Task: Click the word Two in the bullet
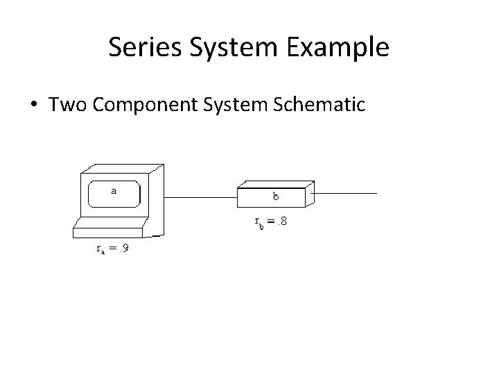(x=65, y=105)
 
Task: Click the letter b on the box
(x=276, y=197)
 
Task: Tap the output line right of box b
(x=347, y=192)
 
